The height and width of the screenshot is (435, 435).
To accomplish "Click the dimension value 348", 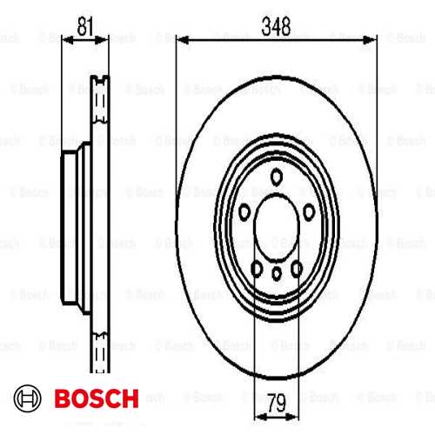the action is pos(276,26).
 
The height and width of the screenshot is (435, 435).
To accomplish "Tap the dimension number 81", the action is pos(85,26).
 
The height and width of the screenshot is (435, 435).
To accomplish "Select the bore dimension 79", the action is pos(277,403).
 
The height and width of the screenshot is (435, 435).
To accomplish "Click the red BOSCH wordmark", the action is pos(97,398).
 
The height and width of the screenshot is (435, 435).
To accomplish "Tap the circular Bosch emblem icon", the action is pos(28,398).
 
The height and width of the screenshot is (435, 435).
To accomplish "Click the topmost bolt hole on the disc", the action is pos(277,177).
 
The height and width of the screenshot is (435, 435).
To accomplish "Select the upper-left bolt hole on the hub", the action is pos(244,211).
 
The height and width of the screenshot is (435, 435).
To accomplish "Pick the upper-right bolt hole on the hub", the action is pos(309,211).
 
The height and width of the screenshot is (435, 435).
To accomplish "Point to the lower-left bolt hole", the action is pos(257,269).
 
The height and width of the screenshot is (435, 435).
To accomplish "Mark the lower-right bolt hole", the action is pos(297,269).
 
